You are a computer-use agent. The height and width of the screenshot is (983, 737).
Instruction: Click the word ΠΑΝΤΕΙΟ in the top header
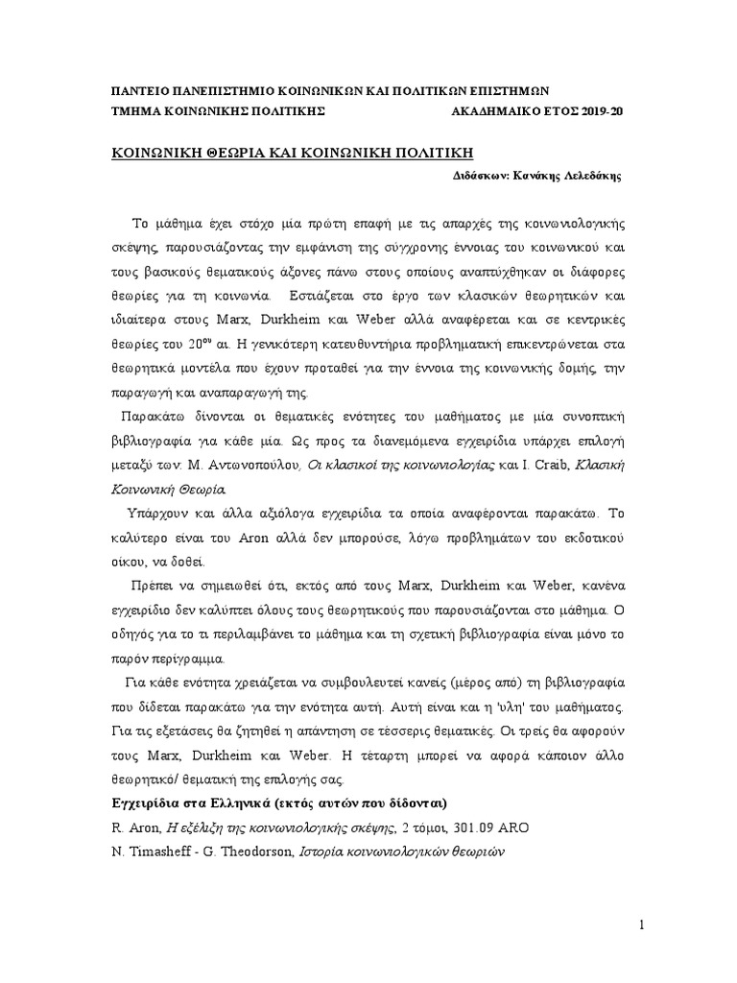tap(140, 91)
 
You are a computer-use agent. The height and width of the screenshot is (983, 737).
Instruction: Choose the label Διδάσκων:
tap(481, 178)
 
